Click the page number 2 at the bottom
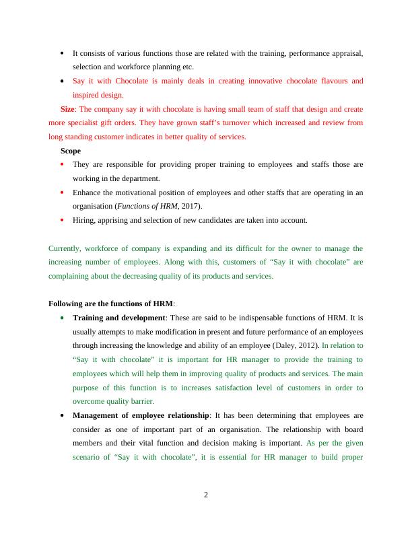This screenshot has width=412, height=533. click(x=206, y=496)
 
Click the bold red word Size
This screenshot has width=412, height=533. click(x=67, y=108)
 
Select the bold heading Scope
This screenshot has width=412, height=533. click(x=71, y=151)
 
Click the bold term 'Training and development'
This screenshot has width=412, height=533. click(x=118, y=317)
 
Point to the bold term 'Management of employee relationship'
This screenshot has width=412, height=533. click(x=140, y=415)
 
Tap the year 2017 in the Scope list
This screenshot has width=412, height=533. click(x=188, y=207)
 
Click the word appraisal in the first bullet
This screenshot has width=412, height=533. click(x=347, y=52)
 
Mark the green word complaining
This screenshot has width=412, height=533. click(x=74, y=277)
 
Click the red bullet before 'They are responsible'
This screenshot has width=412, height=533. click(x=63, y=164)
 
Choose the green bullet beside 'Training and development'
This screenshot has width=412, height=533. click(x=63, y=317)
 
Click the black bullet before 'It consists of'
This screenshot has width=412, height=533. click(x=63, y=52)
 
